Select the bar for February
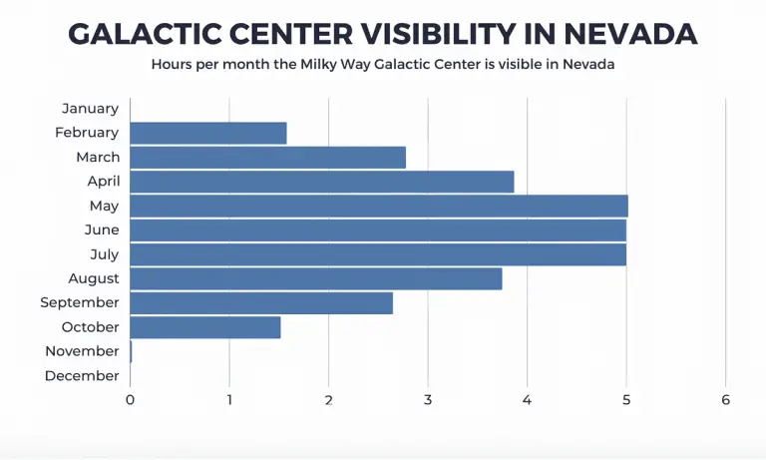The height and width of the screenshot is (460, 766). (207, 133)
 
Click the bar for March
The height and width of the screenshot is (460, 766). (267, 157)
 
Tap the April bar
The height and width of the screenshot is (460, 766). (321, 182)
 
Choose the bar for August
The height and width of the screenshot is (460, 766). (315, 278)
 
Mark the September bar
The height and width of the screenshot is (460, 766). (260, 302)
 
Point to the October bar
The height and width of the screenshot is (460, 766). (204, 327)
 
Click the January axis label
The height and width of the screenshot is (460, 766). (90, 108)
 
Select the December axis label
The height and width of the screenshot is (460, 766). (82, 375)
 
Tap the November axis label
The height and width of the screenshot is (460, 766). (82, 351)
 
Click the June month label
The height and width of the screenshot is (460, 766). (102, 230)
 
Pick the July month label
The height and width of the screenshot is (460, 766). (104, 254)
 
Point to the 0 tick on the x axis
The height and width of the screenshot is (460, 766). (130, 399)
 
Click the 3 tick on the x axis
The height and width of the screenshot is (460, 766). (428, 399)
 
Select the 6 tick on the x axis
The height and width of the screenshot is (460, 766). (726, 399)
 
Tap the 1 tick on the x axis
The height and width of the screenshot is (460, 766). (229, 399)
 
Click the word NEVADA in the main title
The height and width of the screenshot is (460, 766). (630, 33)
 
